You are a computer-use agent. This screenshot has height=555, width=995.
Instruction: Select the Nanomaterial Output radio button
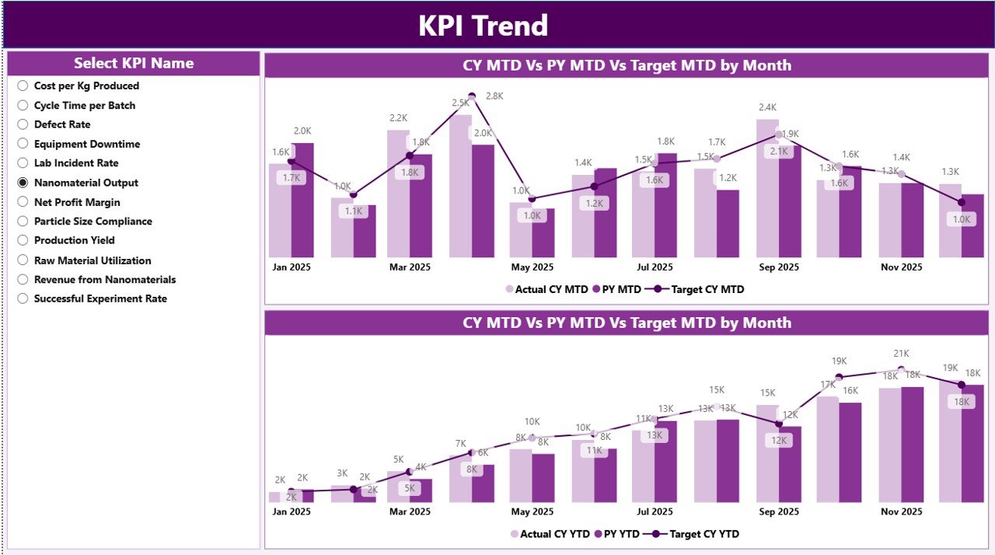coord(23,183)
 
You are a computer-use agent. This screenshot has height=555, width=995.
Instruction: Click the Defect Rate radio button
coord(23,124)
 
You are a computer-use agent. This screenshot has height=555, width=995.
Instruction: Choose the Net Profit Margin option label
coord(77,202)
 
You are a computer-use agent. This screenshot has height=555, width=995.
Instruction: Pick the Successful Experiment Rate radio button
coord(23,298)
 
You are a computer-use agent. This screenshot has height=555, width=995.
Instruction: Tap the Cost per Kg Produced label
coord(86,86)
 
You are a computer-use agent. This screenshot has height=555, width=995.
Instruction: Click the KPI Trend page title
coord(483,26)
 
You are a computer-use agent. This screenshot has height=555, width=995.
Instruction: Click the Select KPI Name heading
coord(134,64)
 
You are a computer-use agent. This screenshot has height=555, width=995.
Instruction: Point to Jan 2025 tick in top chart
coord(291,267)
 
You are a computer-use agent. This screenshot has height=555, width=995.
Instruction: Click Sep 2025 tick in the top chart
coord(778,267)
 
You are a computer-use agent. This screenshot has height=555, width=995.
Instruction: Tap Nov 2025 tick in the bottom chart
coord(901,512)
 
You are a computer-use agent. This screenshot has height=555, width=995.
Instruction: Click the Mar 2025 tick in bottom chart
coord(410,512)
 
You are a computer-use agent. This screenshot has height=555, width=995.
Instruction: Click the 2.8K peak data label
coord(494,96)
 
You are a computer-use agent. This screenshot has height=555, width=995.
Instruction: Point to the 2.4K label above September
coord(767,107)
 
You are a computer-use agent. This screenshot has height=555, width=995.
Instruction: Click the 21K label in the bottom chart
coord(902,354)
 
